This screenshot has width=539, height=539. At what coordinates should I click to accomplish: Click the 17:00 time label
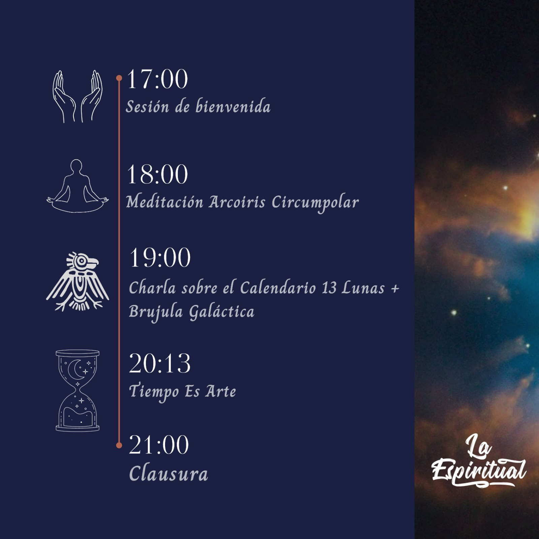click(x=157, y=79)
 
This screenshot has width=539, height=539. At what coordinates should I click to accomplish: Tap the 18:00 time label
click(x=157, y=174)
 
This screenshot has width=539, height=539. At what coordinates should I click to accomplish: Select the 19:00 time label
click(x=160, y=258)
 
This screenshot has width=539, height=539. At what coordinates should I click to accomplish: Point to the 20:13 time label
click(x=160, y=363)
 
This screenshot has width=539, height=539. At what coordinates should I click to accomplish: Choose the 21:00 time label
click(x=159, y=445)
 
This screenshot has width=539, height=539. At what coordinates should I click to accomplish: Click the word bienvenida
click(x=233, y=106)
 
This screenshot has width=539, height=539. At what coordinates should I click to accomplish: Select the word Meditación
click(x=165, y=202)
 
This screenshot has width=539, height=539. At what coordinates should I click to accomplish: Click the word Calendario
click(x=279, y=288)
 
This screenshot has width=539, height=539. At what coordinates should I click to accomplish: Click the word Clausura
click(x=168, y=474)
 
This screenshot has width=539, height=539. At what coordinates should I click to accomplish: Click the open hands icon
click(x=77, y=96)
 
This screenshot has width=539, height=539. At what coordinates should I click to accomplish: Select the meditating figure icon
click(x=77, y=186)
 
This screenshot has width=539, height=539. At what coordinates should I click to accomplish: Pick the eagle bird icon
click(x=77, y=281)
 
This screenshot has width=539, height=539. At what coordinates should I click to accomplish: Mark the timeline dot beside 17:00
click(x=119, y=78)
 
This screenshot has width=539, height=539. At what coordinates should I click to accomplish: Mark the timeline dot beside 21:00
click(x=119, y=445)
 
